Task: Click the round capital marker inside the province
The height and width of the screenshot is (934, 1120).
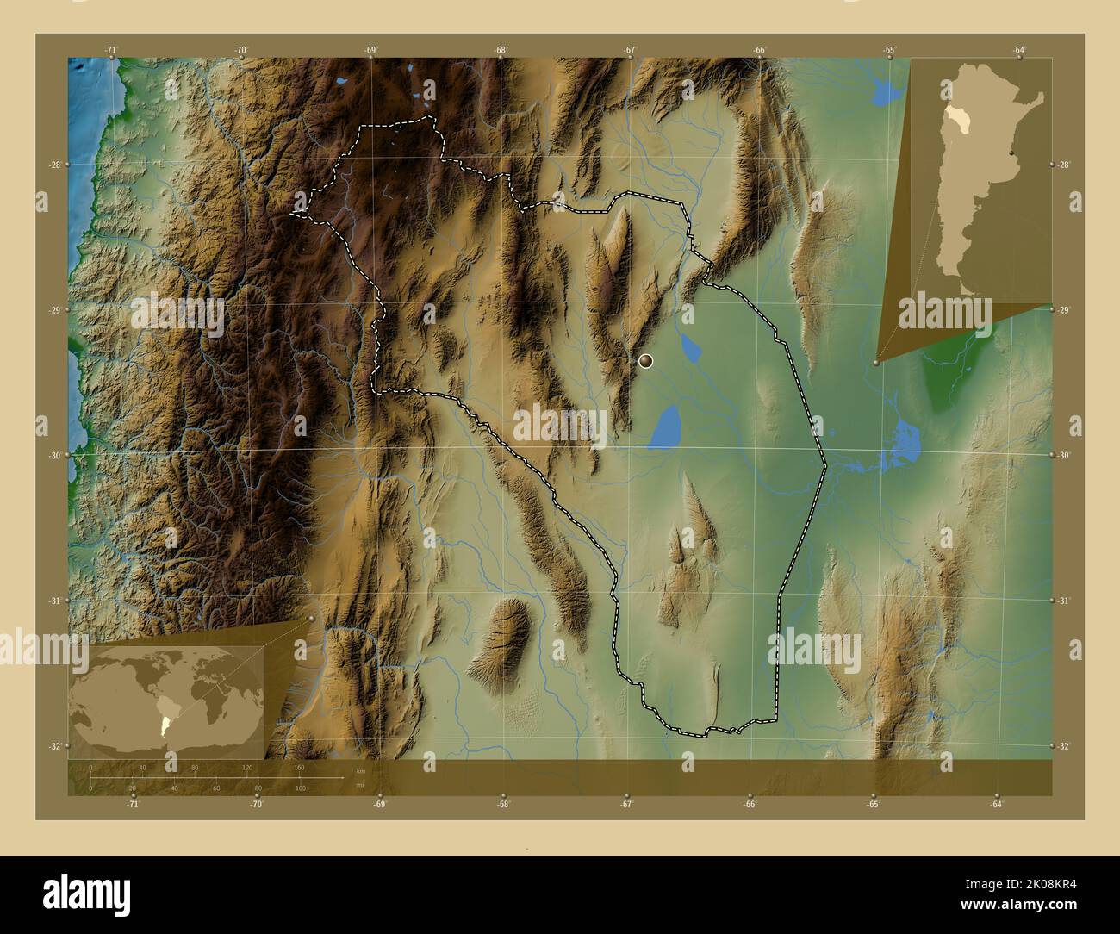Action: click(647, 362)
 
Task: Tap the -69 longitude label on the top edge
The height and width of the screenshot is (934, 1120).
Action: click(371, 51)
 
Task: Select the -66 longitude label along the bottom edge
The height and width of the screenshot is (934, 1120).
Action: click(750, 805)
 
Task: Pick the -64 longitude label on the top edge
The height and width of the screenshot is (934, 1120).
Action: click(1019, 51)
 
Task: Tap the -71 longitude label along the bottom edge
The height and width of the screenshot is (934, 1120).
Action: click(133, 805)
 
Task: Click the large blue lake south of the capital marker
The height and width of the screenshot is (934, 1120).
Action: click(663, 428)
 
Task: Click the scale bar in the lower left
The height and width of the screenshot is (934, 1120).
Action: click(215, 777)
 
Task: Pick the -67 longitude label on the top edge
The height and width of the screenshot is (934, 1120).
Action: click(631, 51)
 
